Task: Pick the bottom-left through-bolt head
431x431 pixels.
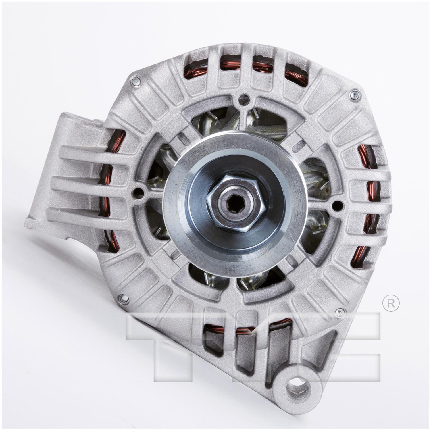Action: [122, 298]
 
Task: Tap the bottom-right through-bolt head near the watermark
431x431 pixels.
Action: [341, 311]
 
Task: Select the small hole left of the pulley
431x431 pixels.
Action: [139, 192]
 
